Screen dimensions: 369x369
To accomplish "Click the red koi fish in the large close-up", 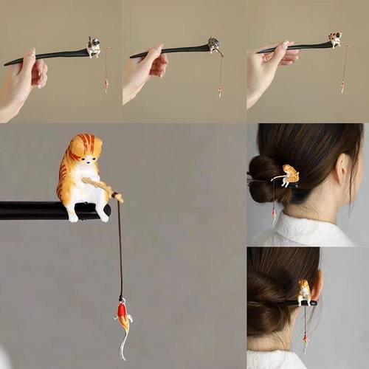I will pos(124,317).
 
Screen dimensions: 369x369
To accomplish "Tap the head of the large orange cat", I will pos(83,151).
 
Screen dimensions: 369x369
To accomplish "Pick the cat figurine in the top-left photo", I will pos(94,48).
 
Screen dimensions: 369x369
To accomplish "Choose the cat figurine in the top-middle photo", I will pos(213,45).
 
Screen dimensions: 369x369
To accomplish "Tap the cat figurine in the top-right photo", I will pos(335,39).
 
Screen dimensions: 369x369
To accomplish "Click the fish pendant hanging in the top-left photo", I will pos(106,85).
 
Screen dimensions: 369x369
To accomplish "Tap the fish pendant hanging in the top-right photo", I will pos(342,86).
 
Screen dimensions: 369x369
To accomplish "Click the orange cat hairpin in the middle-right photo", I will pos(289,176).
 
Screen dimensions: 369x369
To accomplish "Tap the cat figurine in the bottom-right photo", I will pos(304,292).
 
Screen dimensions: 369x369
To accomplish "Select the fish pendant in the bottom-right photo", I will pos(304,341).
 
